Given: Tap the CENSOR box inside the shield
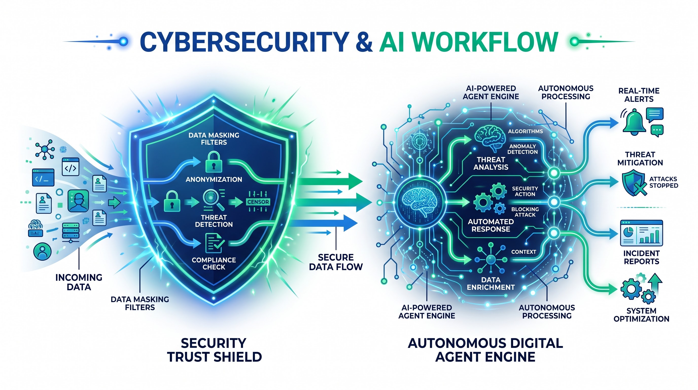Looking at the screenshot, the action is click(x=258, y=202).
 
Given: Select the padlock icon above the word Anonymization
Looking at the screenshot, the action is click(x=214, y=162).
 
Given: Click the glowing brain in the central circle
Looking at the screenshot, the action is click(x=419, y=202).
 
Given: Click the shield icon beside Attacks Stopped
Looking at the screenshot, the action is click(x=634, y=183).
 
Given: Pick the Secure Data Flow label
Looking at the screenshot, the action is click(x=336, y=262).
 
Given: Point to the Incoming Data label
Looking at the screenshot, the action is click(x=79, y=282).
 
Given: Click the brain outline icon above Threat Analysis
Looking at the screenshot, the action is click(x=490, y=139).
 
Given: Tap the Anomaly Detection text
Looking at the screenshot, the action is click(x=522, y=149).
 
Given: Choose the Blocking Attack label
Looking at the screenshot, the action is click(x=525, y=212).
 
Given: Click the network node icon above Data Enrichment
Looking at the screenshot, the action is click(x=491, y=259).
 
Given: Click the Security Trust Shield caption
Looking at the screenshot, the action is click(x=214, y=350).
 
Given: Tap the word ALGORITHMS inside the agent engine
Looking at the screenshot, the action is click(x=525, y=131).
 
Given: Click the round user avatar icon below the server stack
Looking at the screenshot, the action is click(x=42, y=251).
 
